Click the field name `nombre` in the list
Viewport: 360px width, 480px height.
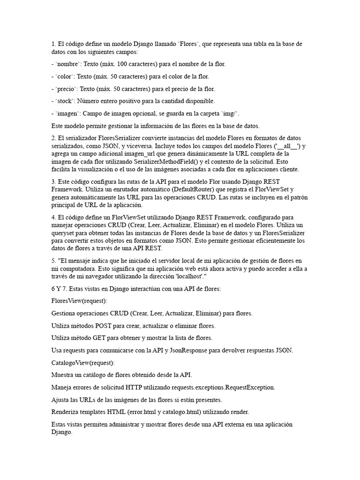pos(67,64)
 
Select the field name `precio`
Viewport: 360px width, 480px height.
pos(66,89)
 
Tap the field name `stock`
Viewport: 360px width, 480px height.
pos(65,101)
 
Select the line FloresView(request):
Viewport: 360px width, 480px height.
pos(79,301)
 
